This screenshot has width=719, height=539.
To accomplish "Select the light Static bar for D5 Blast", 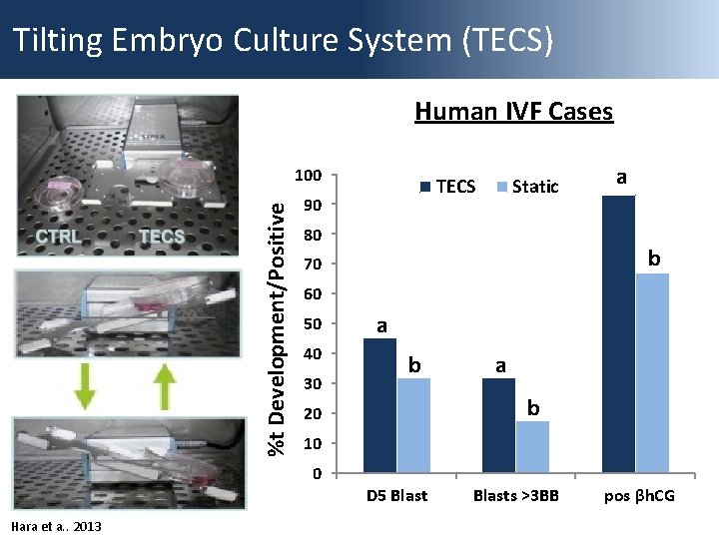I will [413, 425].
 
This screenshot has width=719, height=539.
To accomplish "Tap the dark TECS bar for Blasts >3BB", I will [498, 425].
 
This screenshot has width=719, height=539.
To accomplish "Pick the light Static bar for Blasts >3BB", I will [532, 447].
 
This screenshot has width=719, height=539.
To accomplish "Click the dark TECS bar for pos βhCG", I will [618, 333].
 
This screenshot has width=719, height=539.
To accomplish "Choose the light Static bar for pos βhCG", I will [652, 372].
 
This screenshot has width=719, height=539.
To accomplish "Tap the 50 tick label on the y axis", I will [312, 324].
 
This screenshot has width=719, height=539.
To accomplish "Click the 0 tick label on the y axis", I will [316, 473].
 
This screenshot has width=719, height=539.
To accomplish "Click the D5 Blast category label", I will [396, 496].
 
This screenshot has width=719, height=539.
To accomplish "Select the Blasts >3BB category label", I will [515, 496].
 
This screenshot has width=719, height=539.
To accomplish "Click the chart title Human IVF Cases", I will [513, 111].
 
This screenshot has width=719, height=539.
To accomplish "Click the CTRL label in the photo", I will [58, 237].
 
